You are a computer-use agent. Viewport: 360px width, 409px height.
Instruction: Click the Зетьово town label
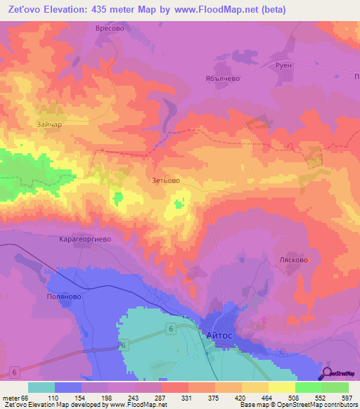coord(166,181)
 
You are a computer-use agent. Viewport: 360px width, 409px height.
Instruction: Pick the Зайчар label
coord(49,124)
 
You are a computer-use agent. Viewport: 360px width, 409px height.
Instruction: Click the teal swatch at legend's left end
coord(41,387)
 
